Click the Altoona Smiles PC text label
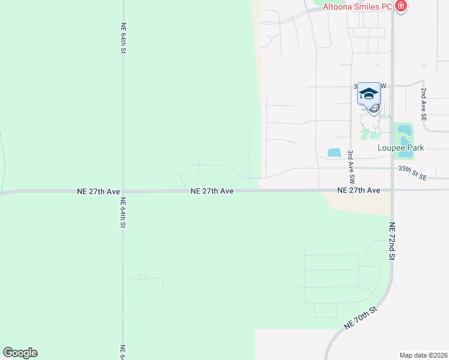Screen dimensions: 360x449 [358, 7]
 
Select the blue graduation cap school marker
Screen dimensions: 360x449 [369, 94]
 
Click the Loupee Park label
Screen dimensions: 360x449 [400, 148]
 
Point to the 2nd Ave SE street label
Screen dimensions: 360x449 [423, 105]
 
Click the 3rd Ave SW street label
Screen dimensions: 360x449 [352, 167]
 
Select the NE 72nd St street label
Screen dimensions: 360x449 [392, 241]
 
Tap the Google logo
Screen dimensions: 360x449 [20, 353]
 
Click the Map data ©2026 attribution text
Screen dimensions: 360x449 [423, 355]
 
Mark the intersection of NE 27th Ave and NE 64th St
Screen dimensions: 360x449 [123, 191]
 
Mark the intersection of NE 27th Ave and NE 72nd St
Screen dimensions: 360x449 [392, 190]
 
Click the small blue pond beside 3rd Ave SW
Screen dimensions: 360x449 [334, 153]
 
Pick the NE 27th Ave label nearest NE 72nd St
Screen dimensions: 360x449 [359, 190]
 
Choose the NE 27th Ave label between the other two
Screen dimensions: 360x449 [212, 191]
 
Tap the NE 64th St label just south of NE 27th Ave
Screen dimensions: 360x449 [122, 212]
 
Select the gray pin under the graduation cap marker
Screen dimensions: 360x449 [374, 108]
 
